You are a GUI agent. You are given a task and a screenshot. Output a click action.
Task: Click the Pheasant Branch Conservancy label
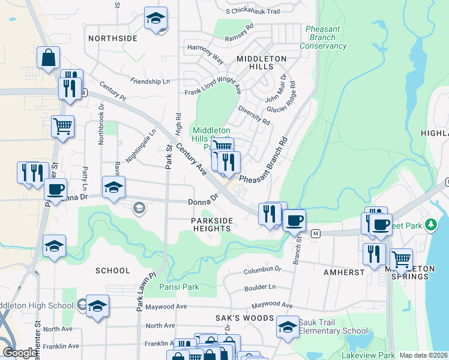click(323, 37)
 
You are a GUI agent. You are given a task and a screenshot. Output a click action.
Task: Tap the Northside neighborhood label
click(113, 38)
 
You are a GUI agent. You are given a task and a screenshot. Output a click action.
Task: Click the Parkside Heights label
click(212, 225)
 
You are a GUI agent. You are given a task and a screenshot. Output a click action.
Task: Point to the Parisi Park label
click(179, 287)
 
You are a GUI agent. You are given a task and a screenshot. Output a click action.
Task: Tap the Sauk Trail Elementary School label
click(333, 326)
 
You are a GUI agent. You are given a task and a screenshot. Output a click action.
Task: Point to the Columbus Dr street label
click(262, 271)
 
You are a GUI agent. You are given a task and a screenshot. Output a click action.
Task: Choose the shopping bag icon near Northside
click(48, 59)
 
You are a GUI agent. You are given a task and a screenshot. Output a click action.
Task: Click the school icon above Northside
click(155, 18)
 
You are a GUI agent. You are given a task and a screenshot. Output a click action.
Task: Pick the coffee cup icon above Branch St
click(294, 220)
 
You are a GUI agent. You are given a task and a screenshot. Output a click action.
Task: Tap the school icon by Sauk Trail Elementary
click(288, 327)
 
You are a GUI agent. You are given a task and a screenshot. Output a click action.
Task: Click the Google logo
click(20, 352)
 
